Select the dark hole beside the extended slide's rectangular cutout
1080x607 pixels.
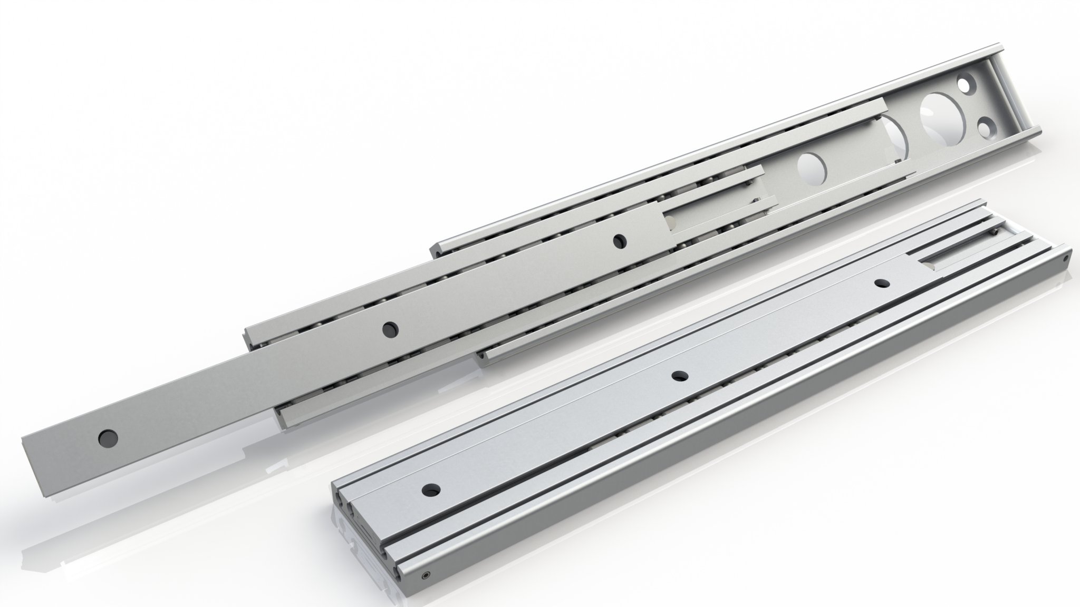pos(618,241)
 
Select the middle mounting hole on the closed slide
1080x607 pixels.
pos(679,376)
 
